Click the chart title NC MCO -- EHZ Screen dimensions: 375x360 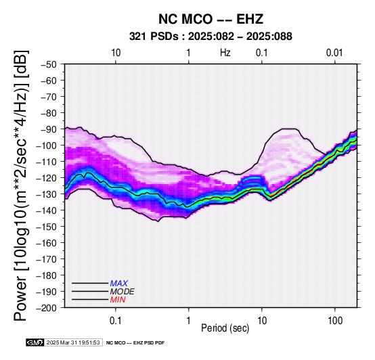[x=211, y=19]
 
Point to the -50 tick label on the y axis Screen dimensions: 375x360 [x=49, y=64]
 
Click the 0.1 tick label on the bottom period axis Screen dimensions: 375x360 [x=116, y=321]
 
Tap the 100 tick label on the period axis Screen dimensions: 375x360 [x=335, y=321]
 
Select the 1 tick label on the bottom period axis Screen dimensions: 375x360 [x=189, y=321]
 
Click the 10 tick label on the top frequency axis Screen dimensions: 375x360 [x=116, y=53]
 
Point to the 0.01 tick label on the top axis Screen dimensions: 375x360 [x=334, y=53]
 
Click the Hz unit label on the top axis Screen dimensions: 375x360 [x=225, y=53]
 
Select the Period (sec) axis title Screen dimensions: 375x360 [x=225, y=328]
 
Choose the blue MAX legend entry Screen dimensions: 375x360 [x=119, y=284]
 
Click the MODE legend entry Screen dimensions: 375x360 [x=123, y=292]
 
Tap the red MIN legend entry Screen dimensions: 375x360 [x=118, y=300]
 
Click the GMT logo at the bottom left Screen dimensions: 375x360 [x=35, y=342]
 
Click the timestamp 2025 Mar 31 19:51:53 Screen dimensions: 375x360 [x=73, y=342]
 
